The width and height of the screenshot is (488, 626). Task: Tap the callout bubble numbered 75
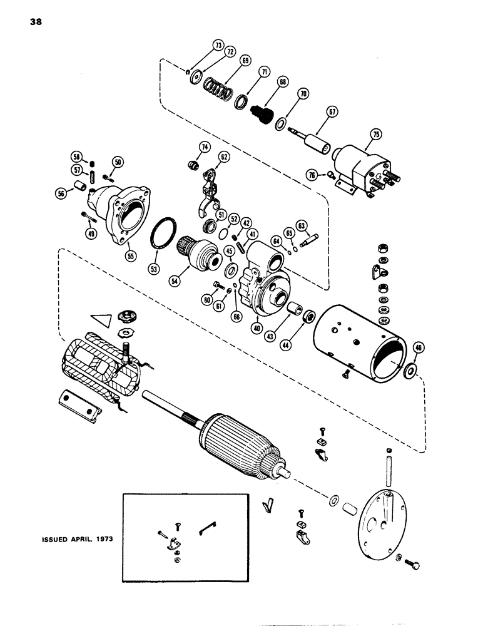tap(375, 134)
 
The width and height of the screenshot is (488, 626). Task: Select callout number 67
tap(332, 111)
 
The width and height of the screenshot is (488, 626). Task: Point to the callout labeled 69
tap(245, 61)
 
